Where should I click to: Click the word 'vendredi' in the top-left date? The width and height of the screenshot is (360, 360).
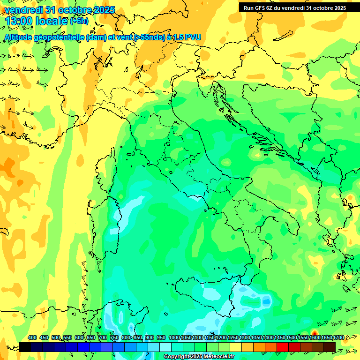24,9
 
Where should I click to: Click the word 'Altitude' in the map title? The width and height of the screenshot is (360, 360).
21,37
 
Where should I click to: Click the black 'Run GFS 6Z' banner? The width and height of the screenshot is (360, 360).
294,8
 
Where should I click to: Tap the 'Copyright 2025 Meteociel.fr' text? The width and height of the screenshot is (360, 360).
199,357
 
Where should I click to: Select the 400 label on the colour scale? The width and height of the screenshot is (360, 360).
32,337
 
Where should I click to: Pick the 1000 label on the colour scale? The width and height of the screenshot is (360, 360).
174,337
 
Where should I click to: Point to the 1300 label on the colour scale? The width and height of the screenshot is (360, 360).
244,337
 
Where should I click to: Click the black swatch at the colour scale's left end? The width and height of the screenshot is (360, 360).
25,347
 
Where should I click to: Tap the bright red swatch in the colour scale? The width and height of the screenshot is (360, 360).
283,347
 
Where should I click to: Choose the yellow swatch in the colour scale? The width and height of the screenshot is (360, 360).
236,347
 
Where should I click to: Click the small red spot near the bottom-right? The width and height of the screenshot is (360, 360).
315,333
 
